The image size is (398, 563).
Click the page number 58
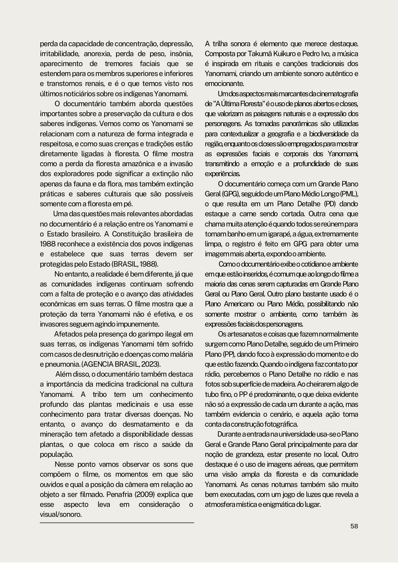(354, 526)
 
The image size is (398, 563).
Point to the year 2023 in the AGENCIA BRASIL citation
(151, 364)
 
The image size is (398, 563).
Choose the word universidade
(300, 434)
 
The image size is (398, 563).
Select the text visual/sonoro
(61, 514)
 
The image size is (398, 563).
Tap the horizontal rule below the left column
(117, 523)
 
